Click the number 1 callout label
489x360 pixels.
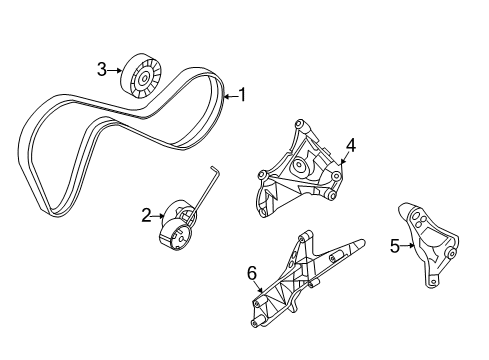240,96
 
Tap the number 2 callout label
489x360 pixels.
146,213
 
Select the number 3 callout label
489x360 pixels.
102,69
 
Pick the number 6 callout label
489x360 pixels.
252,272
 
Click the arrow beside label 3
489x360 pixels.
115,69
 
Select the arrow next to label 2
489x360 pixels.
159,214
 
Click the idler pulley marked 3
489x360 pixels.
141,74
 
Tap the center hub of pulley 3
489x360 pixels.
145,75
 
